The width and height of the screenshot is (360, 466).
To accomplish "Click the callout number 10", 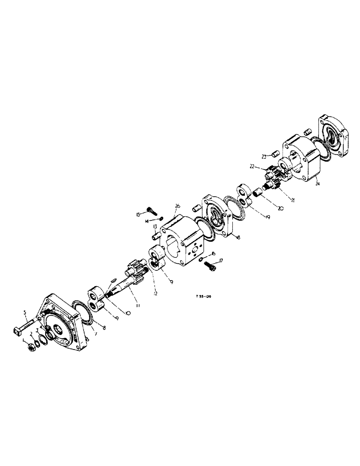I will click(x=128, y=313).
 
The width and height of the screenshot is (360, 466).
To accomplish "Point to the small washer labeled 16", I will click(x=200, y=259).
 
